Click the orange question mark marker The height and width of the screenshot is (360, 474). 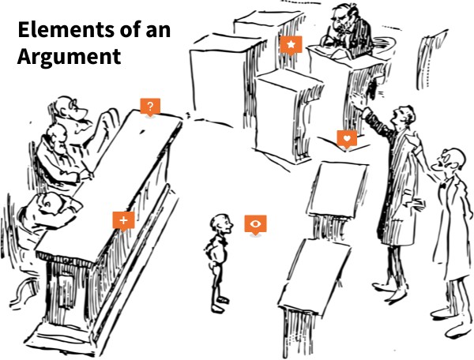(x=150, y=106)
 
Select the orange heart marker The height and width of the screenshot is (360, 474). (x=347, y=139)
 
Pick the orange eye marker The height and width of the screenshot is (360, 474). (x=255, y=224)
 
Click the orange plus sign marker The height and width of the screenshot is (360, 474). (x=123, y=220)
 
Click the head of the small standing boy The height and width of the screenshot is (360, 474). (x=220, y=225)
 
